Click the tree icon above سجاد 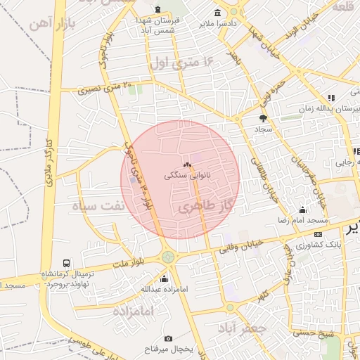point(264,118)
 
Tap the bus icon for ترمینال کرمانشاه point(67,263)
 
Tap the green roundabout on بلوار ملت point(168,257)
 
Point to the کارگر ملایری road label point(49,162)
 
